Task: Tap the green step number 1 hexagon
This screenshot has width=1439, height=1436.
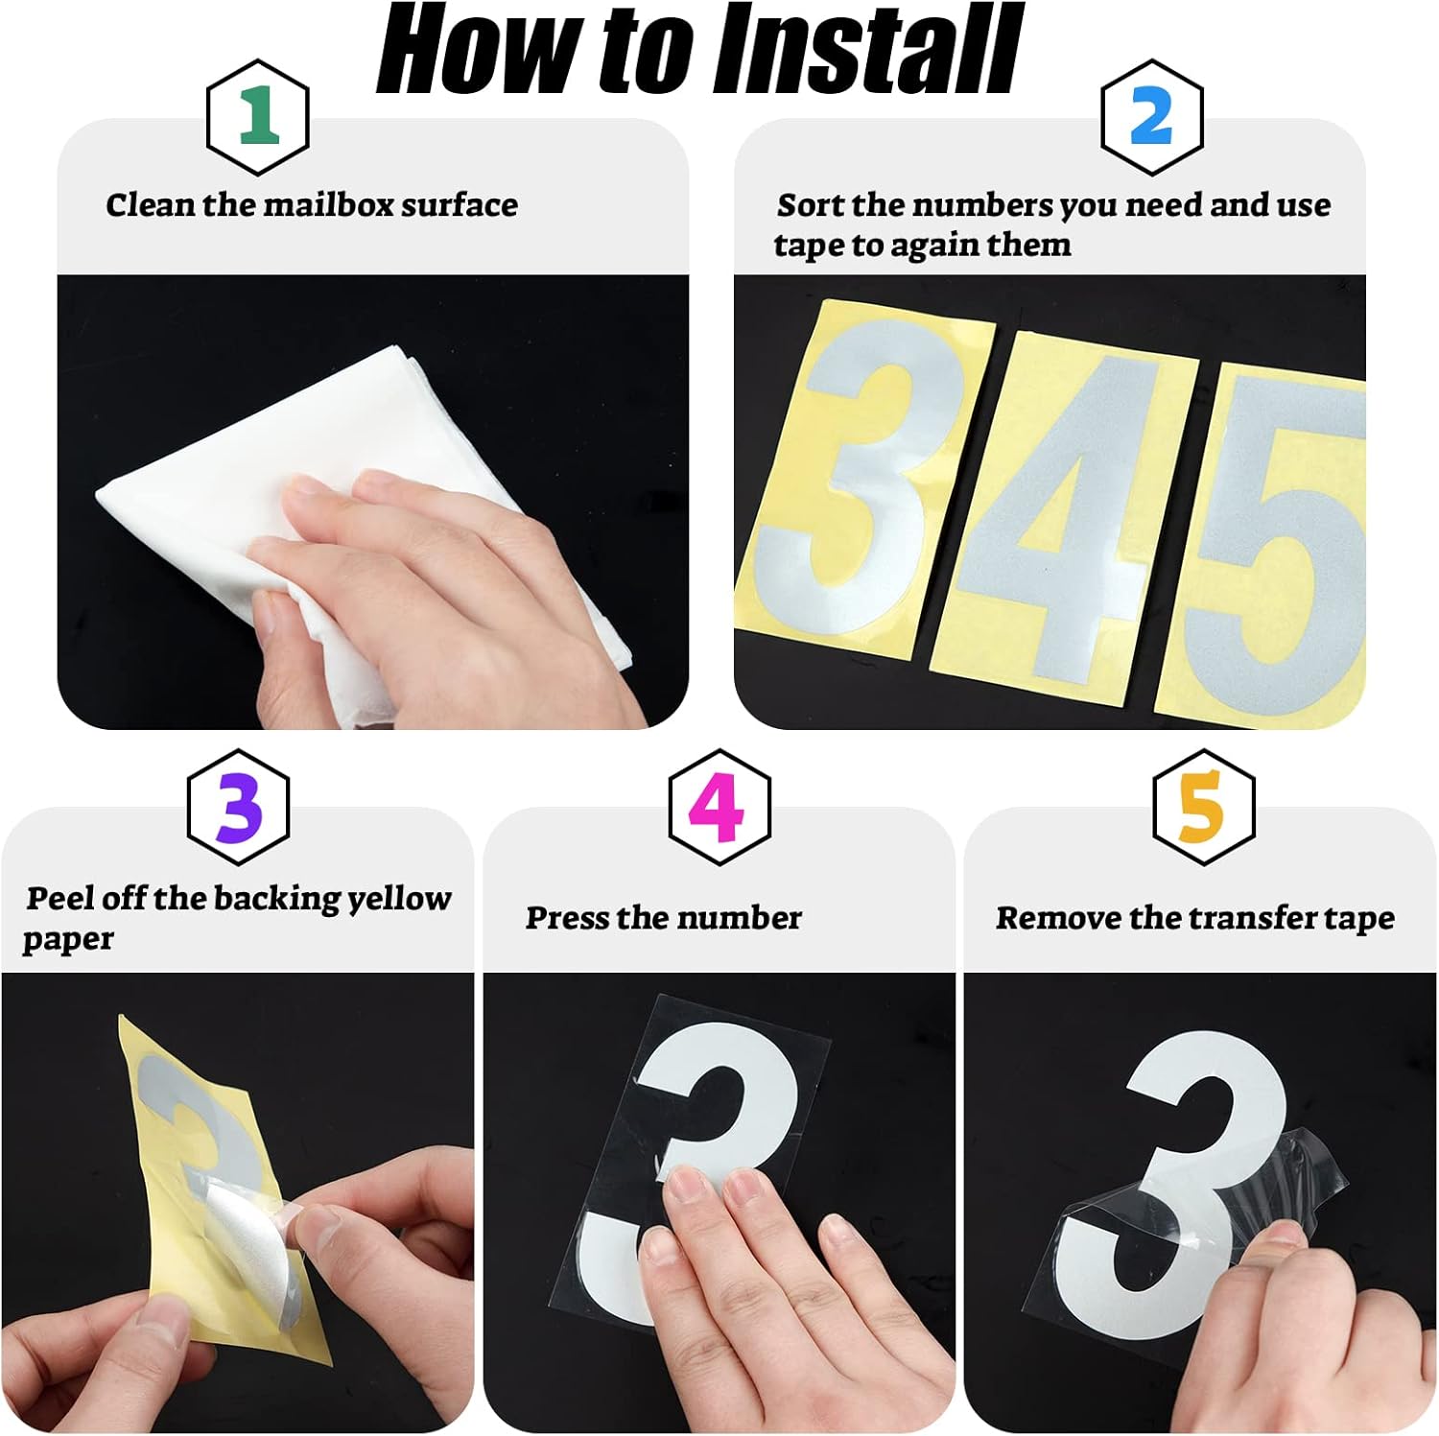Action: pos(257,117)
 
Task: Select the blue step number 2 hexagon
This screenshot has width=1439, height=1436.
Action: pos(1150,117)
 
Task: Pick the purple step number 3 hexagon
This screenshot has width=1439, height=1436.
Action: pos(238,808)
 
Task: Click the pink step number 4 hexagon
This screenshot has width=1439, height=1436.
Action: pos(719,808)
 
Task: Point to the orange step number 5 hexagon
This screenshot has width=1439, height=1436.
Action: pos(1202,808)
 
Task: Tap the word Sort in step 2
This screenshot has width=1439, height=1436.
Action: pos(811,205)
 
